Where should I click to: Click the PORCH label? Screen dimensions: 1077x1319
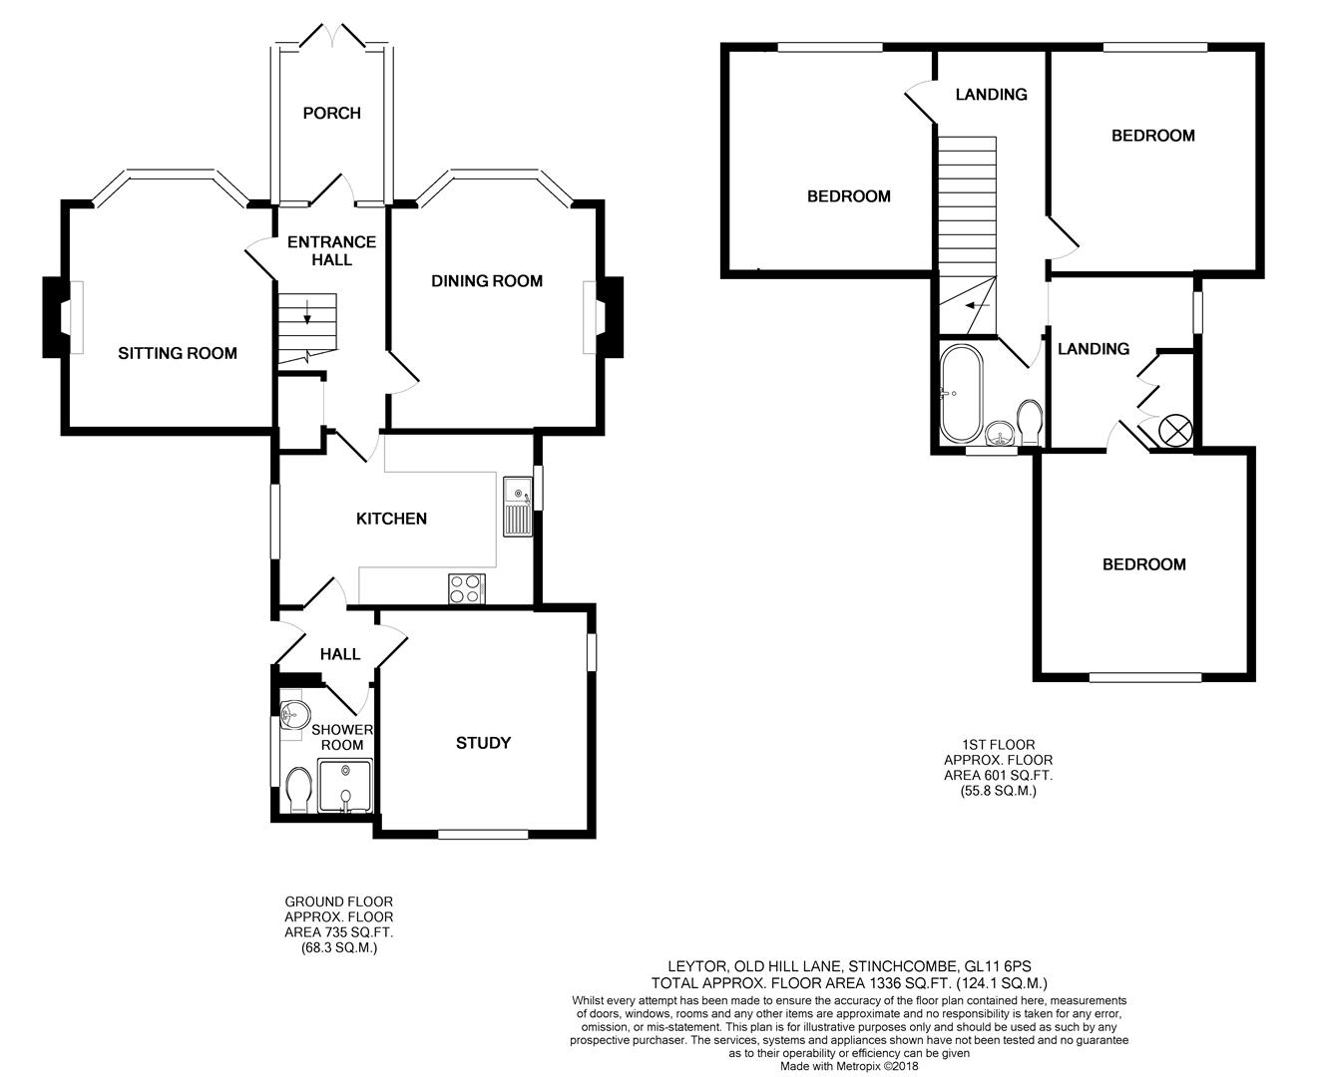(331, 113)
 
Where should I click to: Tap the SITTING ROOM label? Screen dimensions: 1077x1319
(178, 353)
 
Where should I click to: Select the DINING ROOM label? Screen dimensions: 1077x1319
(487, 281)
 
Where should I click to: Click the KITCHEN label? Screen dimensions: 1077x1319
(392, 519)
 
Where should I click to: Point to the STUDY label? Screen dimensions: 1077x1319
(483, 743)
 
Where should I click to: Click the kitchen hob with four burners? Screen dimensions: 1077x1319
(466, 588)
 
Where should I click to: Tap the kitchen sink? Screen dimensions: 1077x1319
(518, 508)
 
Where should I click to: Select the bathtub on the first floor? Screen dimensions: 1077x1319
(961, 393)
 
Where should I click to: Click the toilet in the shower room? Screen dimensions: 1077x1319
(297, 790)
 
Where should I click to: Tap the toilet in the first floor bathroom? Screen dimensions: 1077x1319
(1030, 423)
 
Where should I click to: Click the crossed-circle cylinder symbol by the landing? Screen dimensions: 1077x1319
(1174, 431)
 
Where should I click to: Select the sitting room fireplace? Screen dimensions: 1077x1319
(53, 317)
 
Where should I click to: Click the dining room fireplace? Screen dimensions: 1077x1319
(610, 316)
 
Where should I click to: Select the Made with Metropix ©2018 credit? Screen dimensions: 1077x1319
(849, 1066)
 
